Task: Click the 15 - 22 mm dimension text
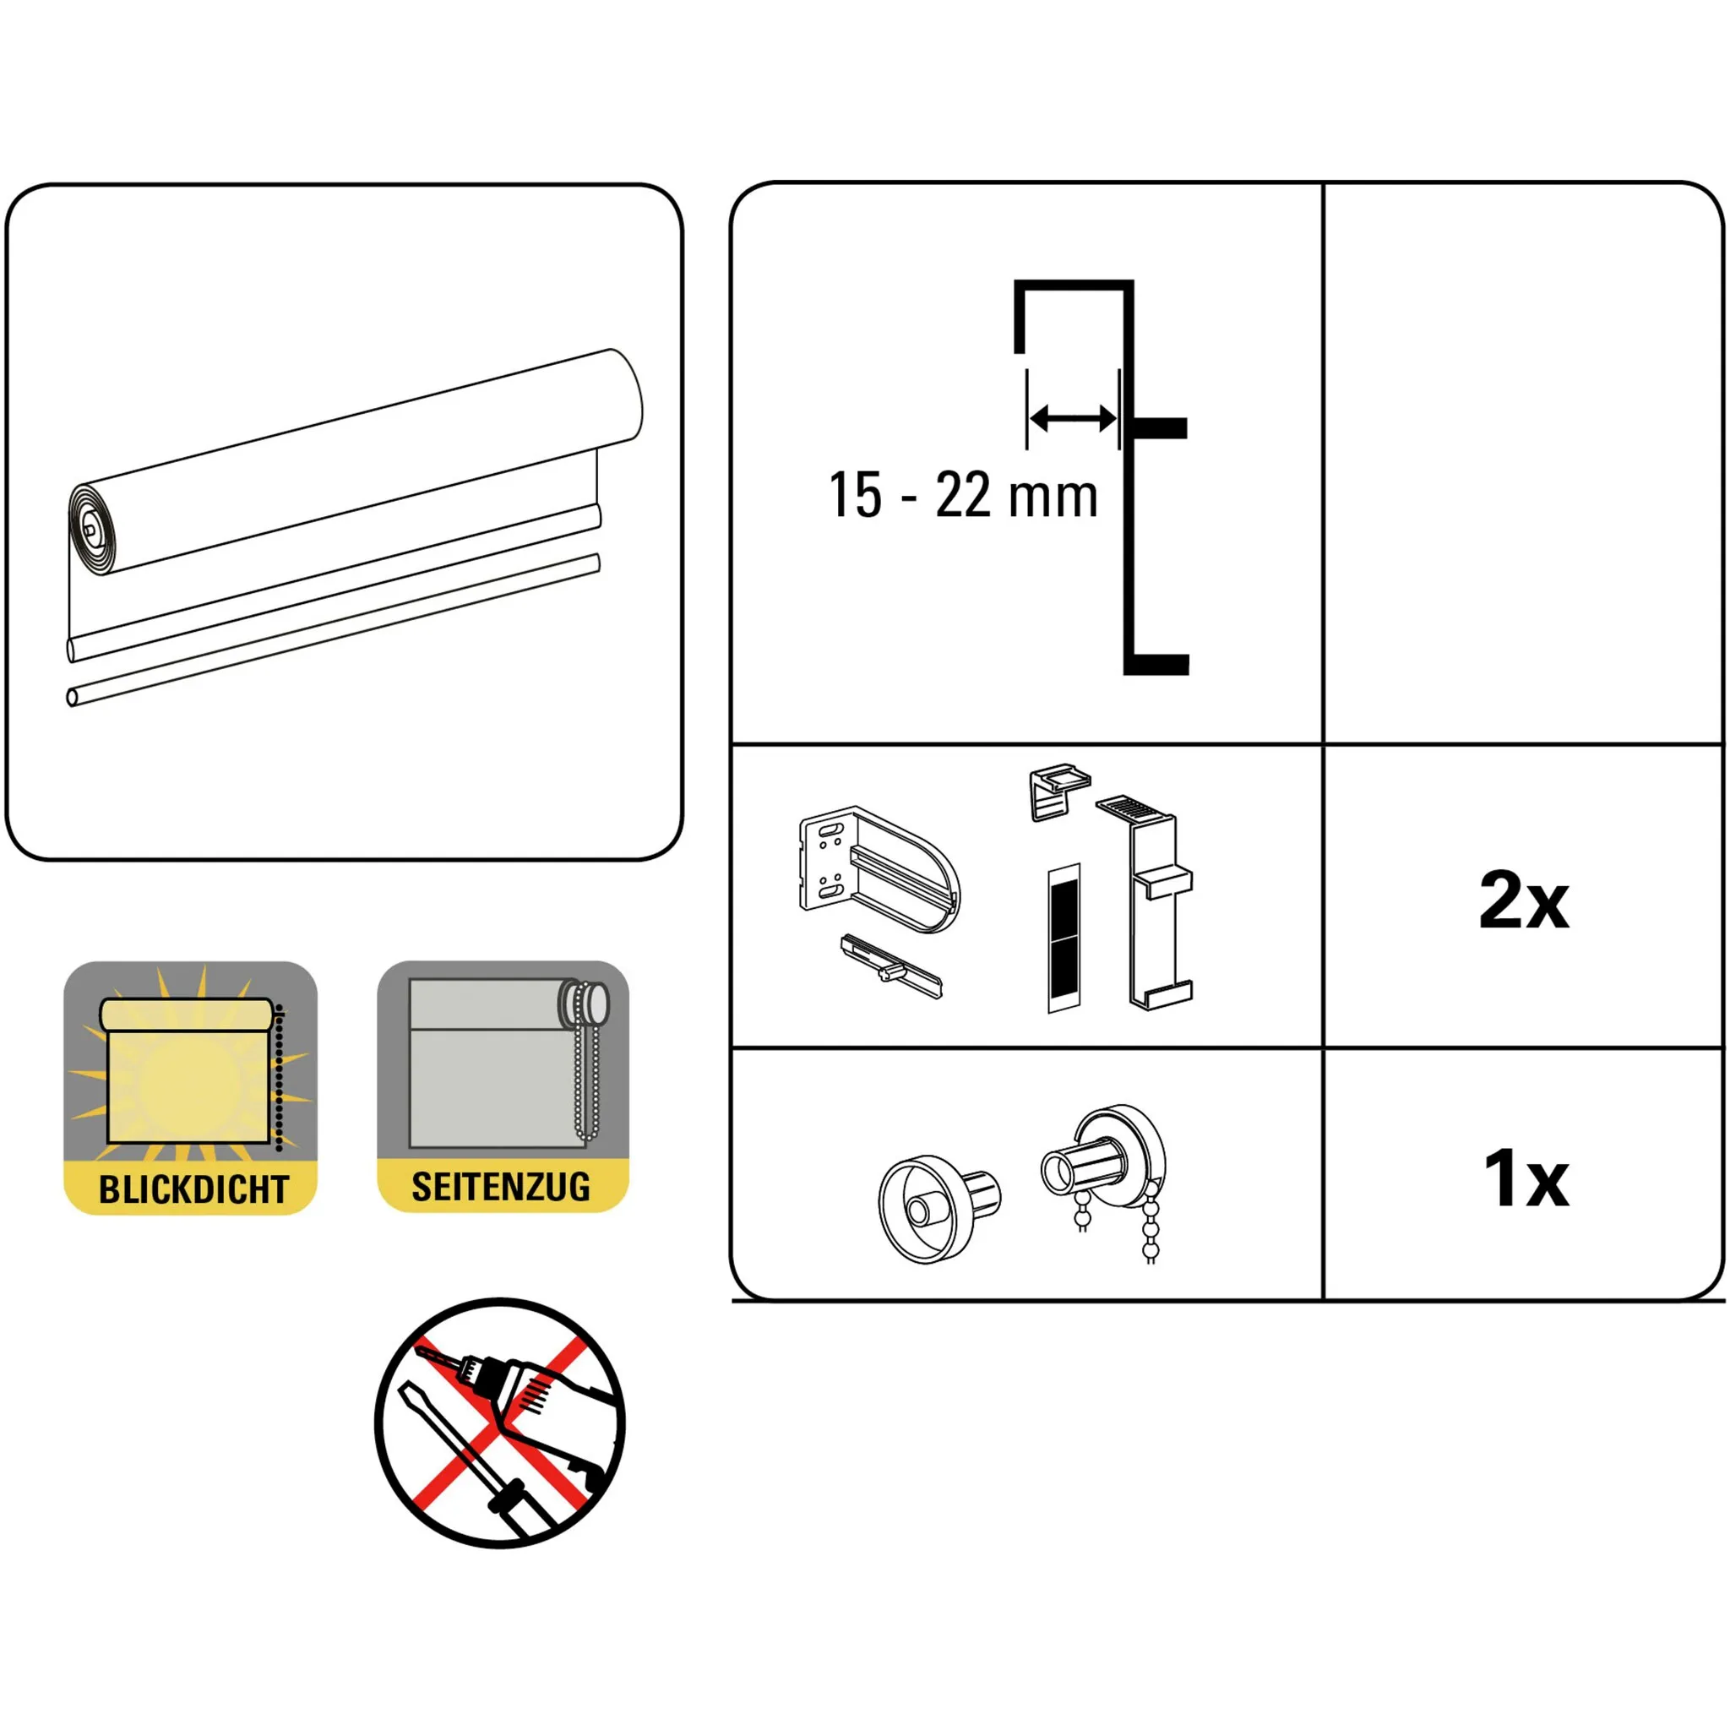click(x=964, y=495)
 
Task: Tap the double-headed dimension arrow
click(x=1073, y=417)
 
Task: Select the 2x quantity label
click(x=1524, y=899)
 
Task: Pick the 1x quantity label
click(x=1526, y=1178)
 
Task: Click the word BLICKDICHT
click(x=193, y=1190)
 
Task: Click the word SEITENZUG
click(x=502, y=1188)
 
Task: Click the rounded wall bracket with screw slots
click(x=879, y=868)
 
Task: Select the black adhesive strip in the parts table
click(x=1064, y=938)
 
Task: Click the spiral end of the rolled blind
click(x=93, y=529)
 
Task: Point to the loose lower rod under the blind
click(x=333, y=629)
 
